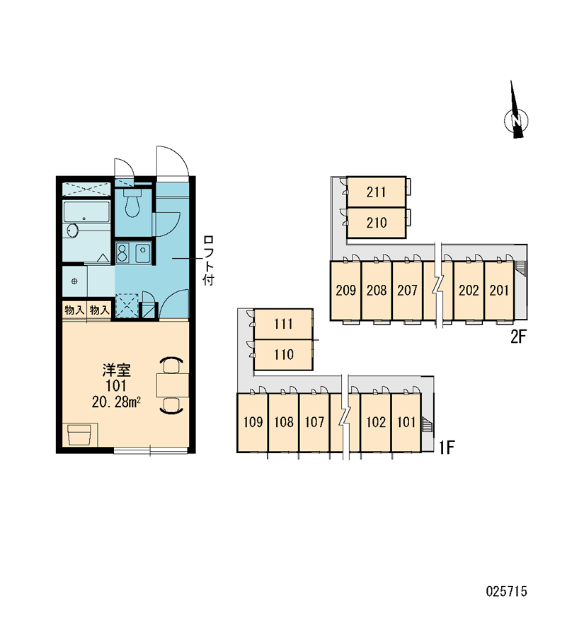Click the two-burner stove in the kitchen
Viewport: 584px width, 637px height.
122,252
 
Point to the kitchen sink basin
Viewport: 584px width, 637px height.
143,253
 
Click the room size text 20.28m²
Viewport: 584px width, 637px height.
116,402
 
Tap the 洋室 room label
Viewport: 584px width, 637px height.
116,370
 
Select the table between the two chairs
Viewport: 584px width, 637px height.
173,385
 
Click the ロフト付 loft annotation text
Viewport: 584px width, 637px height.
208,260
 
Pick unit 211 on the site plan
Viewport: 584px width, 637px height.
376,192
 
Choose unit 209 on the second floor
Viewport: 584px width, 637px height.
345,290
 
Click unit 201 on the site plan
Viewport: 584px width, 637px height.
499,290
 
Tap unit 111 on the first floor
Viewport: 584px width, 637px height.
283,325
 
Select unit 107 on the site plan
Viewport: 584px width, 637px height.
314,423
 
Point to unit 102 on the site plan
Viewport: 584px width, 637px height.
376,423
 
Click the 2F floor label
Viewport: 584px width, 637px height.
519,337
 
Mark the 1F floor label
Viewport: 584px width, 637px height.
447,448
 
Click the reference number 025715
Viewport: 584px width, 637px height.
506,591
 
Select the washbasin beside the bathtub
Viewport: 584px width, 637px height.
72,230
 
